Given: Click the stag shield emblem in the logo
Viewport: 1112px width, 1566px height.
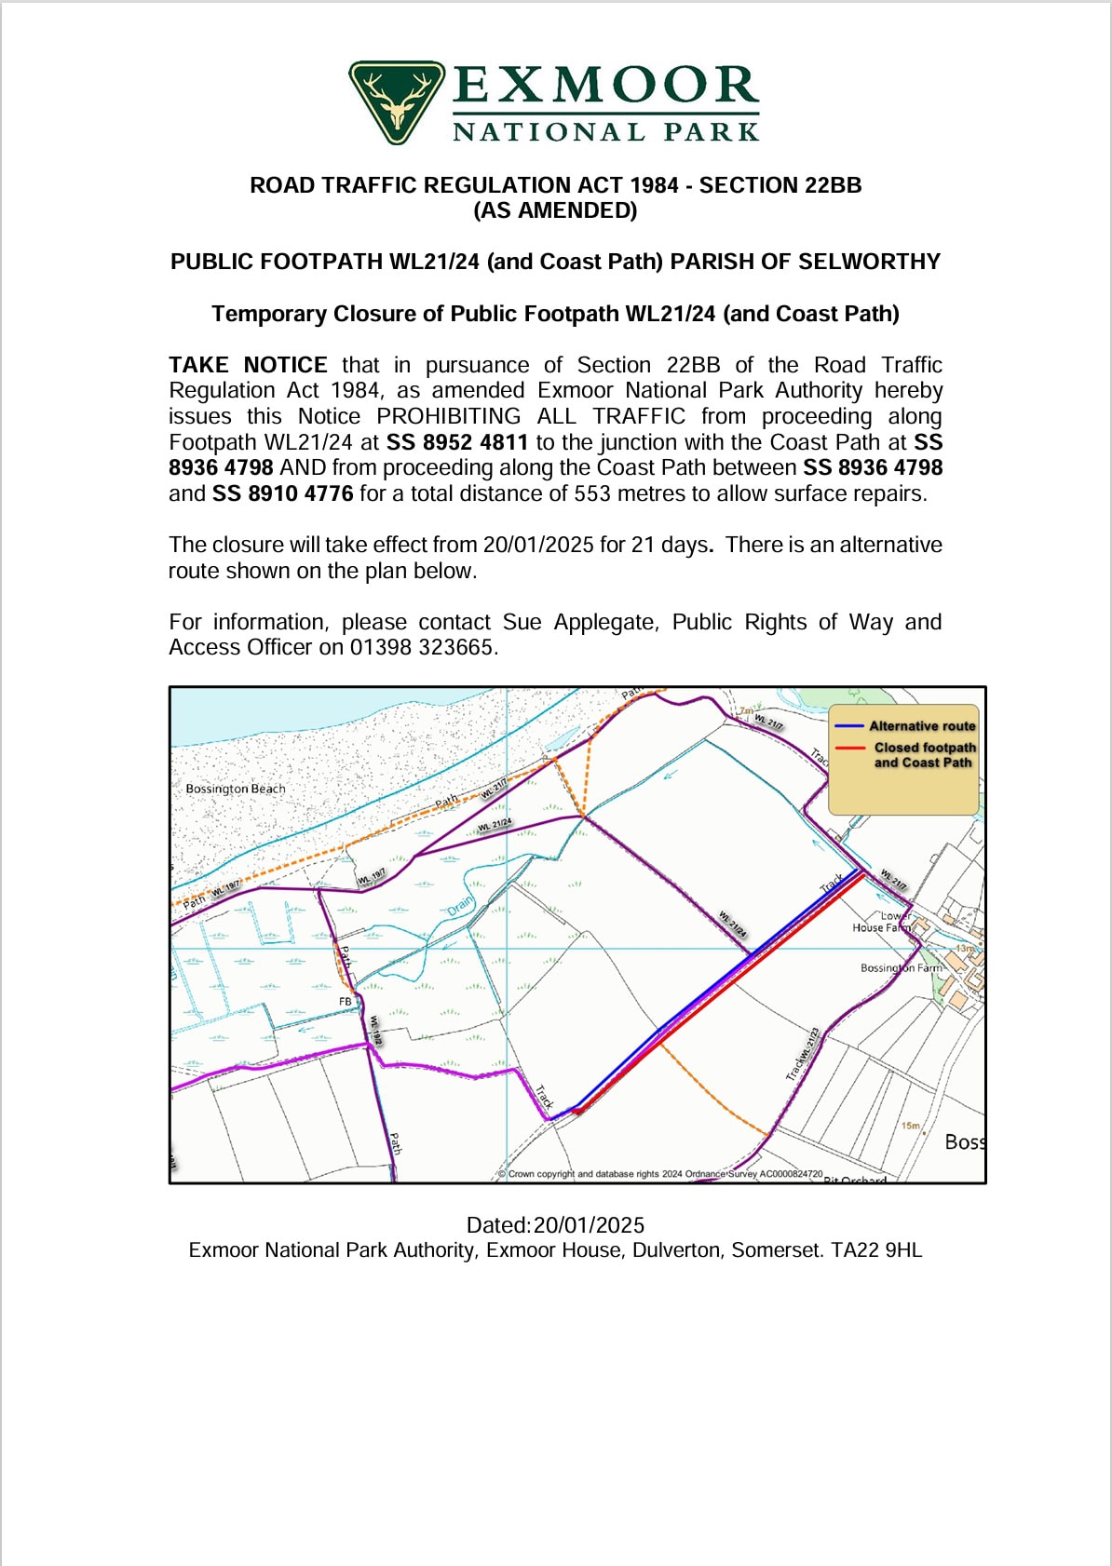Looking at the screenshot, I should tap(397, 101).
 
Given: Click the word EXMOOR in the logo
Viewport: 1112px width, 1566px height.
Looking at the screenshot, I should tap(605, 86).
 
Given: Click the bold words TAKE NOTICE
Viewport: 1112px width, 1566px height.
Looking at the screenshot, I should tap(248, 365).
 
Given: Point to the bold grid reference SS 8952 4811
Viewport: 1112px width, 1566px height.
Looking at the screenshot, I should tap(457, 442).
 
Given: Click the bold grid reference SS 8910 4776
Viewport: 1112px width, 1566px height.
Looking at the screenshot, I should tap(283, 493).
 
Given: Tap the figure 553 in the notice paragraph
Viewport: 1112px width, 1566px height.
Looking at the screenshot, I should tap(591, 493).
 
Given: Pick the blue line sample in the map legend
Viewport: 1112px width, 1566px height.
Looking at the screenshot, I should tap(849, 726).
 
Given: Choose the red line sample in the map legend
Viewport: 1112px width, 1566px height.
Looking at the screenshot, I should tap(849, 748).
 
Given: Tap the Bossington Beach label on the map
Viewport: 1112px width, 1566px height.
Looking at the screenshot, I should tap(236, 789).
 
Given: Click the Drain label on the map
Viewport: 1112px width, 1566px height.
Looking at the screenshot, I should tap(460, 905).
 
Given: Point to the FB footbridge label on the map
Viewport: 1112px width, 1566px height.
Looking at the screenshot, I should tap(346, 1002).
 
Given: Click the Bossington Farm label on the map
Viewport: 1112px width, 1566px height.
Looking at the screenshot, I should tap(901, 968).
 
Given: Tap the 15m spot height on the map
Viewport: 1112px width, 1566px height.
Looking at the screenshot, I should tap(910, 1126).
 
